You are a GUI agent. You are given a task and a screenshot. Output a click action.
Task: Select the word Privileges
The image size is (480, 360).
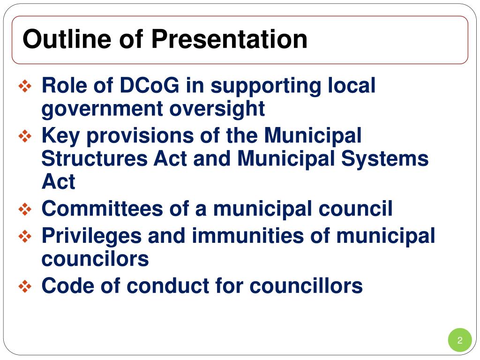(91, 236)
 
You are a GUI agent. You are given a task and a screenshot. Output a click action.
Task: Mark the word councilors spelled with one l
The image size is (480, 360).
(95, 259)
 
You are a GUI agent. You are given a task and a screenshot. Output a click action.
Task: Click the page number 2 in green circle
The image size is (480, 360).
(460, 341)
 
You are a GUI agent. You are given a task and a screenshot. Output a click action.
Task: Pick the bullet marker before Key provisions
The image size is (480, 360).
(24, 136)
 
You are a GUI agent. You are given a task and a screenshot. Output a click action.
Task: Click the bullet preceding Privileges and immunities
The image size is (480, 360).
(24, 236)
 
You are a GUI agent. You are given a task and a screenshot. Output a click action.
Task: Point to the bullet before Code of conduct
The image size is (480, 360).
(24, 286)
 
